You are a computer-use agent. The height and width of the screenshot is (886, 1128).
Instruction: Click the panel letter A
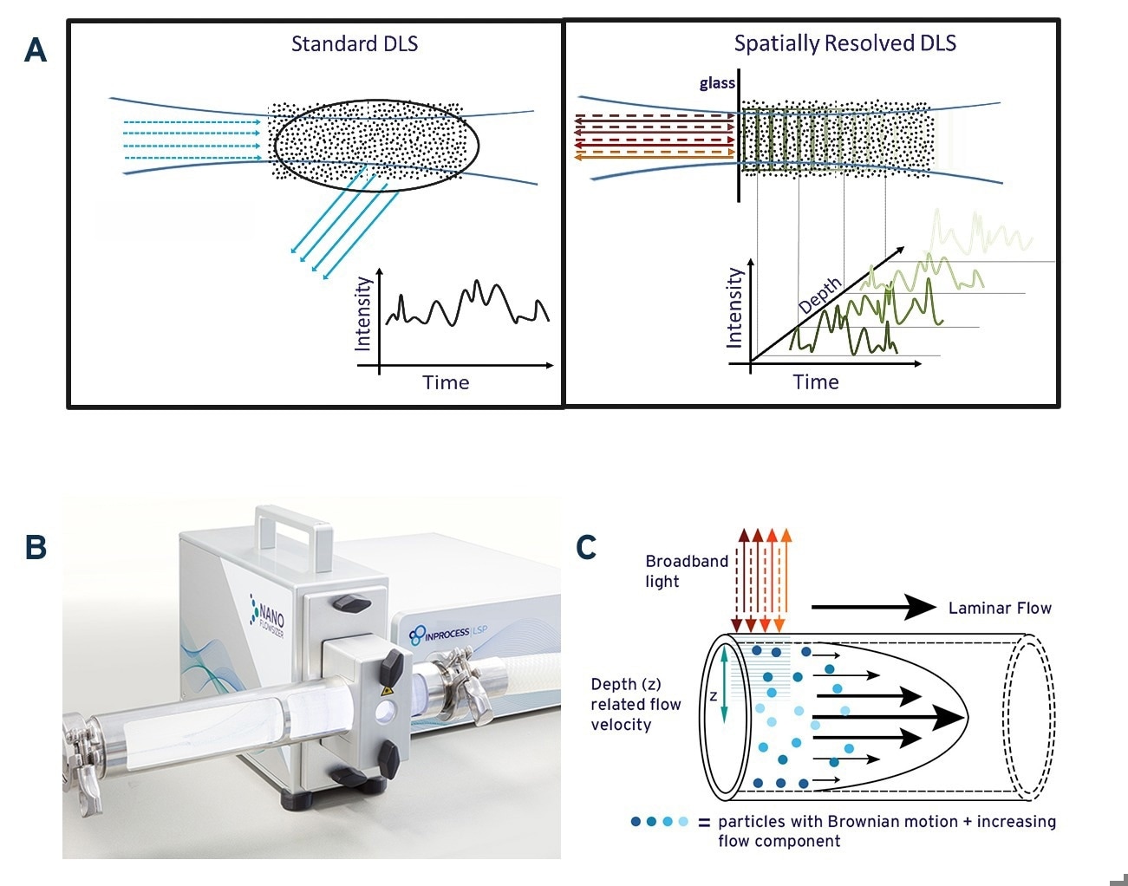point(36,50)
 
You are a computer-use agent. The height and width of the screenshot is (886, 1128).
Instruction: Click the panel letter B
point(36,547)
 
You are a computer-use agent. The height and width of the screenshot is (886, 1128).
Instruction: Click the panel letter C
point(587,547)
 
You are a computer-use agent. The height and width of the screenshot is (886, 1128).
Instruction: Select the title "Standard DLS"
point(354,43)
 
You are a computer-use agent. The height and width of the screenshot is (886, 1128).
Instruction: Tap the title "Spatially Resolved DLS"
point(844,43)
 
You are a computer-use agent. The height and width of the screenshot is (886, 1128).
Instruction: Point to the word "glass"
point(717,83)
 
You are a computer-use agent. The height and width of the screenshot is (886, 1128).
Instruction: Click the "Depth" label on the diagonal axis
point(820,296)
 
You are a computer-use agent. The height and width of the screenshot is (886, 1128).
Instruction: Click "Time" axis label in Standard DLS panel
point(446,382)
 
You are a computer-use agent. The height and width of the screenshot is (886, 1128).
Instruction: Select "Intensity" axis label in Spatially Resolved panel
point(734,308)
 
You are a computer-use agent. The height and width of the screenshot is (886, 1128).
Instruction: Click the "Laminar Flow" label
point(999,608)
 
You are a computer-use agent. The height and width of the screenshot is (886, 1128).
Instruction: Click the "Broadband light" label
point(687,570)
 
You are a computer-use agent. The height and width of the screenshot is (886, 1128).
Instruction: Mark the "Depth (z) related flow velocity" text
point(636,704)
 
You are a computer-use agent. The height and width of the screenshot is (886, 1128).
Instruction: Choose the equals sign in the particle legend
point(704,822)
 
